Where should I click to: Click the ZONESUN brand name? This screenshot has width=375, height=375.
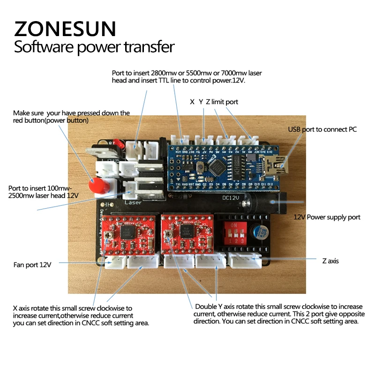[65, 29]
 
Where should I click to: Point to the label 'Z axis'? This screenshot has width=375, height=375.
[330, 261]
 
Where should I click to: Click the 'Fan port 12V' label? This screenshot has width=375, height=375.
[32, 265]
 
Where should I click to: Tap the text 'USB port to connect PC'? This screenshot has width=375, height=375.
[322, 129]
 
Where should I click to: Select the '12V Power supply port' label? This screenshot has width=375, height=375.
[327, 217]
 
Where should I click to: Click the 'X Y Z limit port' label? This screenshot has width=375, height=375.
[214, 102]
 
